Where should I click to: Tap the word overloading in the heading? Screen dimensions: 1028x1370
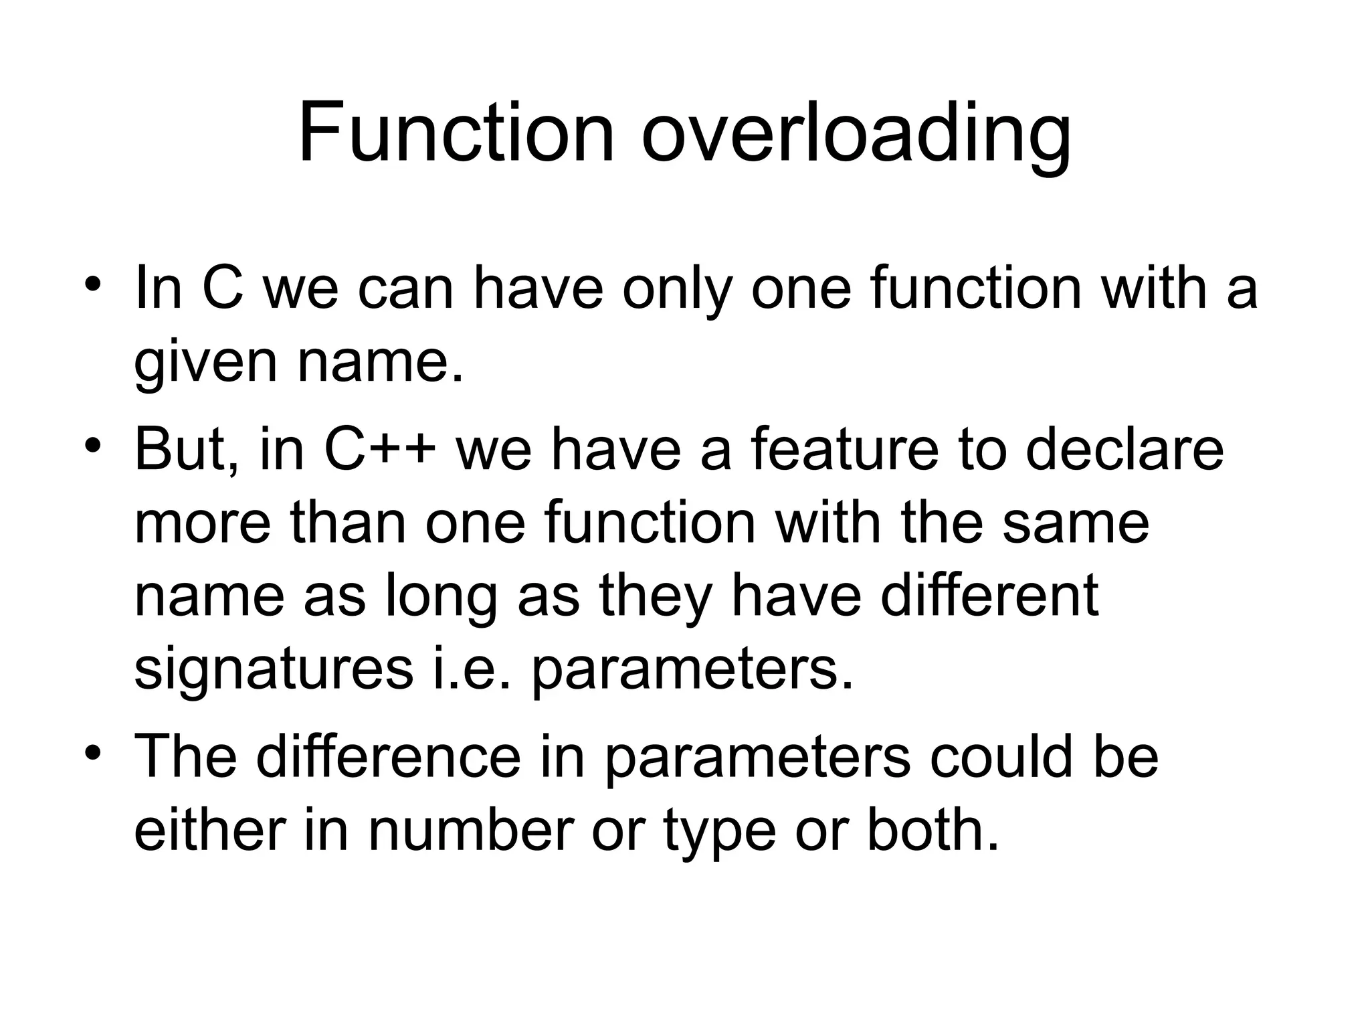point(856,137)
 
